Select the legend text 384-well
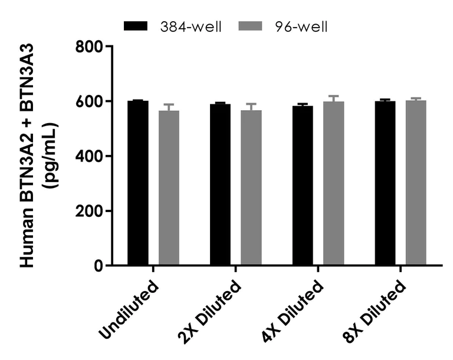coord(193,27)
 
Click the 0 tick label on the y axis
coord(97,266)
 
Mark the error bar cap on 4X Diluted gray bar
coord(333,96)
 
